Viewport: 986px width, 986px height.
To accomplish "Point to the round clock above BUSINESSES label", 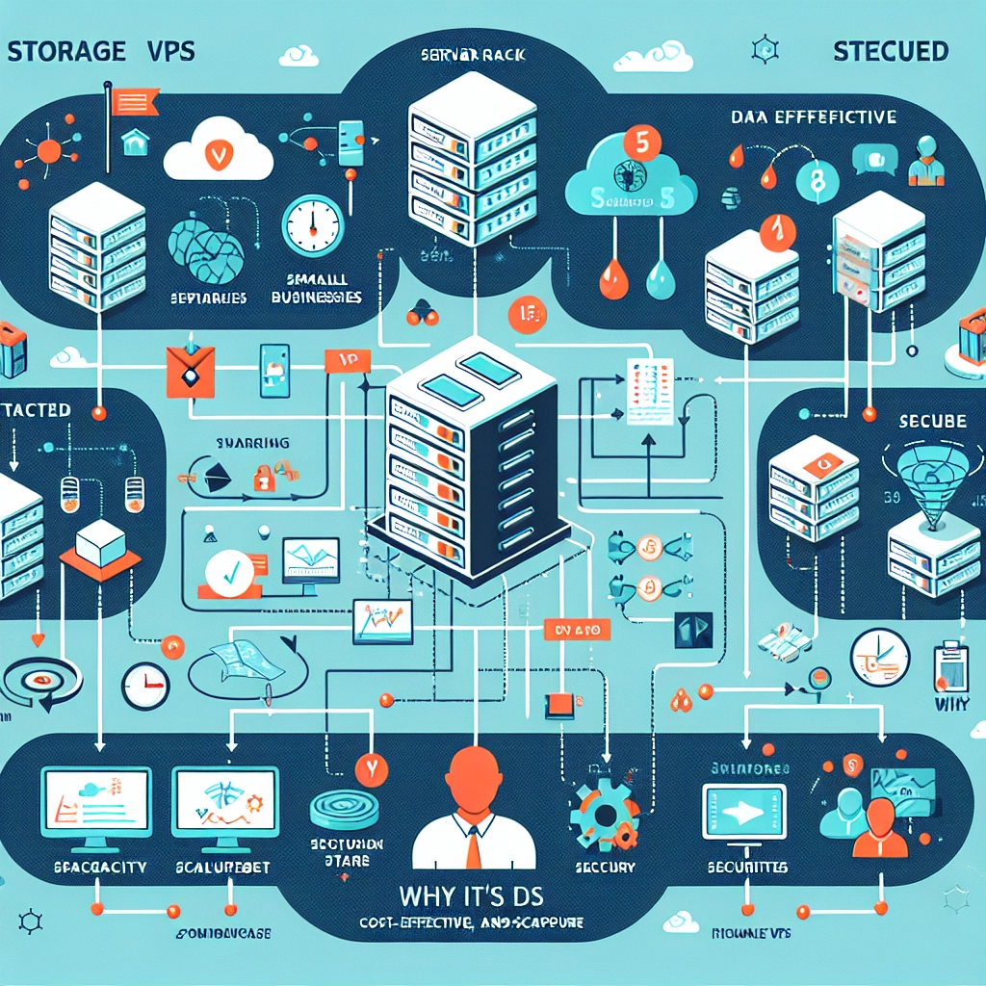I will pyautogui.click(x=312, y=226).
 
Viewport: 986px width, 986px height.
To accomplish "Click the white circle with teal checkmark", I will pyautogui.click(x=229, y=570).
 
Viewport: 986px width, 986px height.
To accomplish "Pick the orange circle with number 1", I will pyautogui.click(x=773, y=231).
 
